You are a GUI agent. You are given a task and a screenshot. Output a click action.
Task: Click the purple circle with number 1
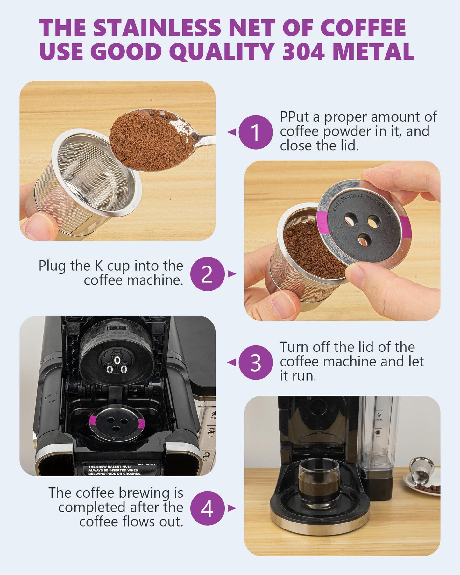(256, 132)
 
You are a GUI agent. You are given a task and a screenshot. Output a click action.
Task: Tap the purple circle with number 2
(207, 274)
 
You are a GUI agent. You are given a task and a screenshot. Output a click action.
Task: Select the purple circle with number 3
(256, 362)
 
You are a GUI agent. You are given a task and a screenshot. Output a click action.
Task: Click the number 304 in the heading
(304, 52)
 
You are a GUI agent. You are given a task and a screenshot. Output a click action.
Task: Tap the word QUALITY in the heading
(222, 52)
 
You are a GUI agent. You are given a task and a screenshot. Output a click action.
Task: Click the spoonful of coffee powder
(152, 140)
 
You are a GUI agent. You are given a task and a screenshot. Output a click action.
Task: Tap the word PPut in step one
(294, 117)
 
